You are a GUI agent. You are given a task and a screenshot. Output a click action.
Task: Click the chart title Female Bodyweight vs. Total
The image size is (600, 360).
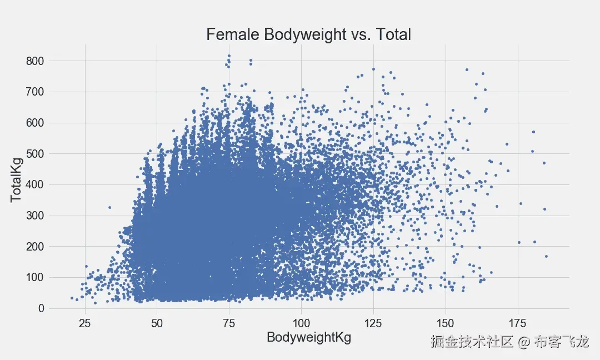tap(308, 34)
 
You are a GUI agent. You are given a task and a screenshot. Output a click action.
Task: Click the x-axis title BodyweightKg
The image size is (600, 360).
tap(309, 337)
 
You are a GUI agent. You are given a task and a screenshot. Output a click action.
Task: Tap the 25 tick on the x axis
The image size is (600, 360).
tap(85, 322)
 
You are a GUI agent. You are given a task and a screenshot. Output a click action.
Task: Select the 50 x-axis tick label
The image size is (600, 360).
tap(157, 322)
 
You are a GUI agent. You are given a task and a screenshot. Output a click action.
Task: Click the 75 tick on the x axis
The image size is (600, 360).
tap(229, 322)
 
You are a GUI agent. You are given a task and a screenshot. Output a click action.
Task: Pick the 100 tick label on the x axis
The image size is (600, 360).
tap(301, 322)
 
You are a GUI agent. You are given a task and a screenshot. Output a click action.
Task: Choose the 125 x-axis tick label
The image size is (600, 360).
tap(373, 322)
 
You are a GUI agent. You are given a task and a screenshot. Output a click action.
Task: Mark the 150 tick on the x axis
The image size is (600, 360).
tap(445, 322)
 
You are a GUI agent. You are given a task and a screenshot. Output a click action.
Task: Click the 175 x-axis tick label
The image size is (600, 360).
tap(517, 322)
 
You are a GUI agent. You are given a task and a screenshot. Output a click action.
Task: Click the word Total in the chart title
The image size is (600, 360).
tap(393, 34)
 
